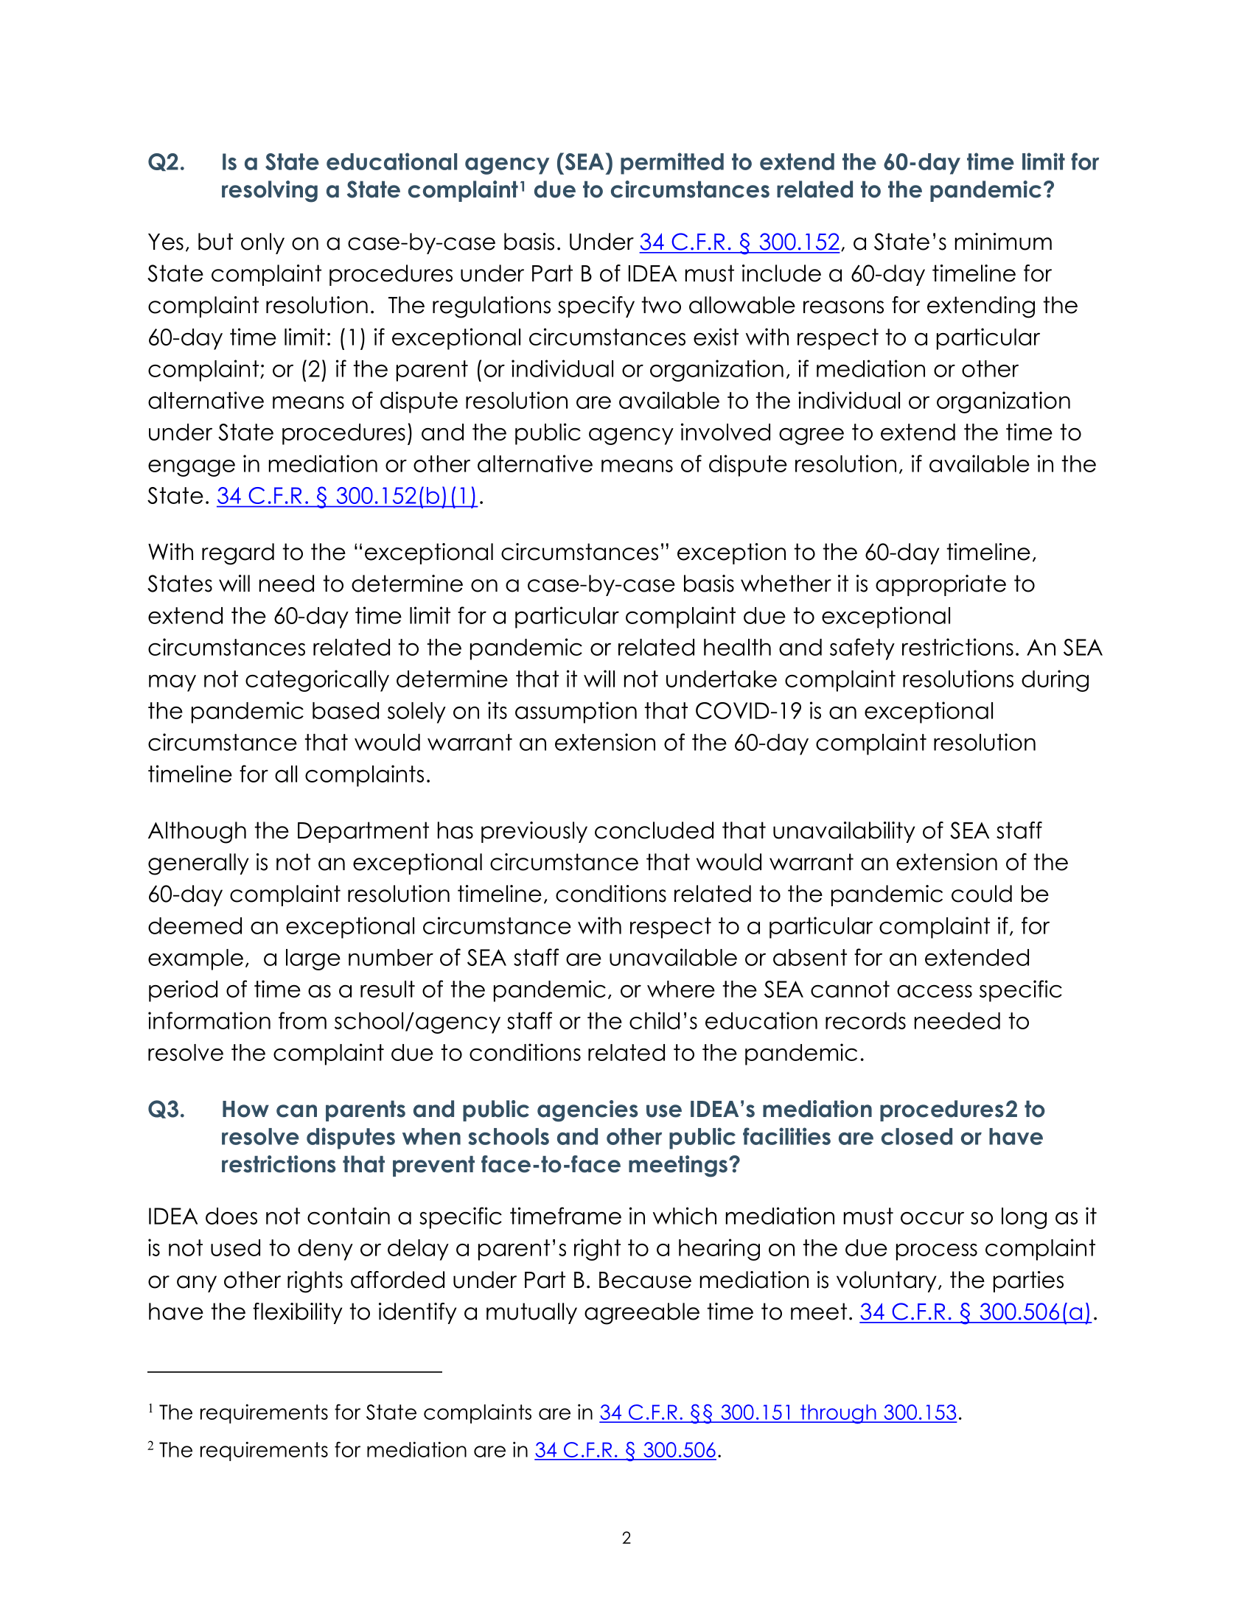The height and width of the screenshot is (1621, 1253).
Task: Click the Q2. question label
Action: pos(167,162)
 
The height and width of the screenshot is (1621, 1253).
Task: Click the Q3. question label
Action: pos(167,1109)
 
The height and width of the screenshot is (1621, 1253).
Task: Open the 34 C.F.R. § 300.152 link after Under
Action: pos(739,242)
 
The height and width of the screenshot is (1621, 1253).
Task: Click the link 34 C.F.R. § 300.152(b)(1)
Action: pos(347,496)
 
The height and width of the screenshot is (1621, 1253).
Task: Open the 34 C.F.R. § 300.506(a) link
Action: pos(975,1312)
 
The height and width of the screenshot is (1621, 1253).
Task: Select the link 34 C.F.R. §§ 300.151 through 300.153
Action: pos(778,1412)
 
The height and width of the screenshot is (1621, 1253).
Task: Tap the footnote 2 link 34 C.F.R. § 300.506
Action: pos(625,1450)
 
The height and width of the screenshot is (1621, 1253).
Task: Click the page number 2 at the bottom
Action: pos(626,1538)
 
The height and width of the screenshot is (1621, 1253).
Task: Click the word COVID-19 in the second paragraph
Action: pos(748,711)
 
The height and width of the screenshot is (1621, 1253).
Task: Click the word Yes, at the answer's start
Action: pos(169,242)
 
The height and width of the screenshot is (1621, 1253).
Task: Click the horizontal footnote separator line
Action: pos(295,1372)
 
